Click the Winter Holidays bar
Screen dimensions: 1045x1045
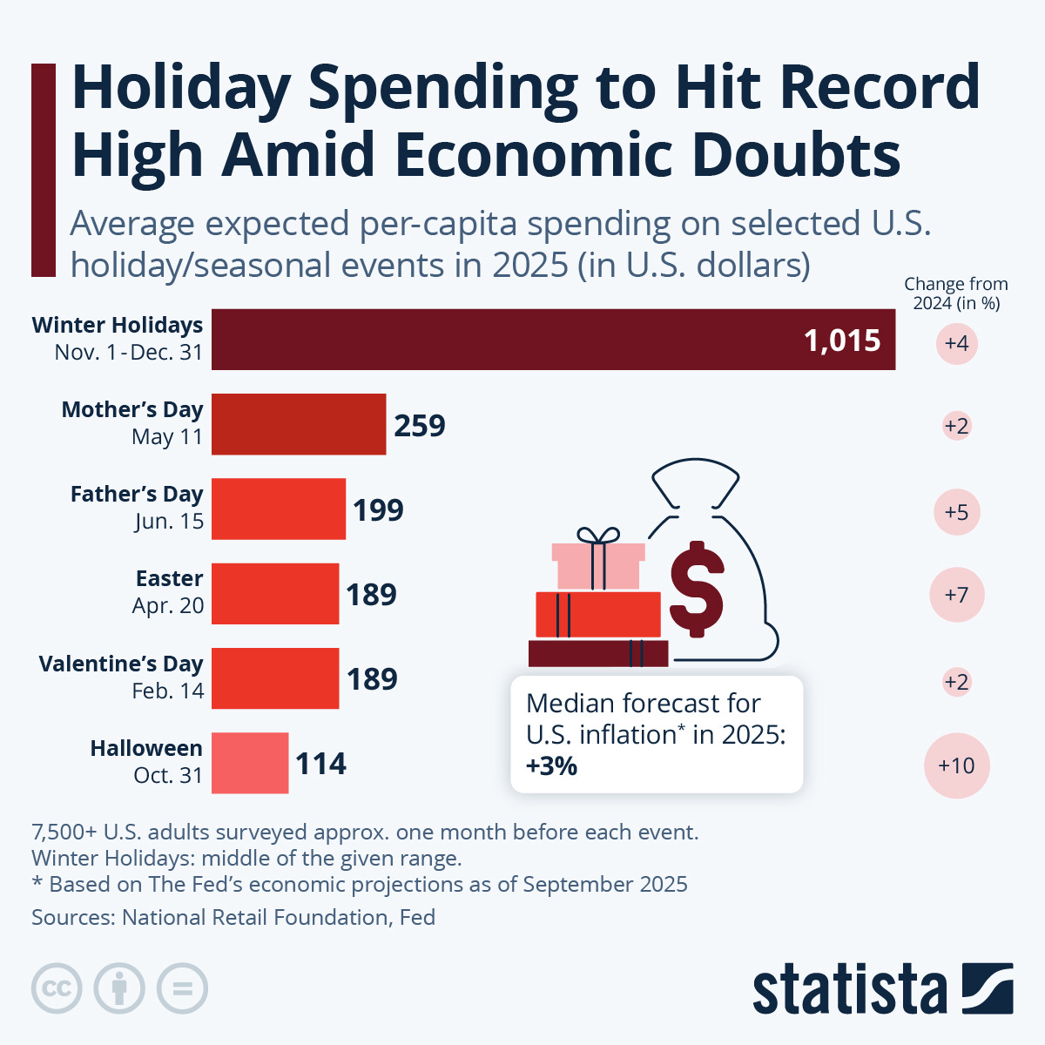click(553, 340)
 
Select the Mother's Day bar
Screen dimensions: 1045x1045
click(299, 424)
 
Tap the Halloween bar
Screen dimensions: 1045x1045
click(250, 763)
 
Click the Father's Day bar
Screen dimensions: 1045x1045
click(279, 509)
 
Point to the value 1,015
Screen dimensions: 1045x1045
click(842, 340)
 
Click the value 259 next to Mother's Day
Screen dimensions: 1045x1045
click(420, 426)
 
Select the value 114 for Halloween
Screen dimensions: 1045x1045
click(320, 764)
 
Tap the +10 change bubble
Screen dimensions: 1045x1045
click(956, 765)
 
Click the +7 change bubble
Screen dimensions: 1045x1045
click(956, 595)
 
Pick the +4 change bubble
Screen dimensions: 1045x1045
click(956, 343)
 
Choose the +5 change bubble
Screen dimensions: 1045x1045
click(956, 511)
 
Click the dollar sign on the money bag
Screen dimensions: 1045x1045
click(696, 590)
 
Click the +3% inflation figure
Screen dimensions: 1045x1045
click(551, 766)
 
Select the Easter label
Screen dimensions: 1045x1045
click(169, 578)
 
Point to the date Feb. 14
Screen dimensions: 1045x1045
click(168, 691)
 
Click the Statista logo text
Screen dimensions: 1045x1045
click(849, 990)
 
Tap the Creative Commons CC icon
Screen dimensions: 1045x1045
click(57, 988)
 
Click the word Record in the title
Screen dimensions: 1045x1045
click(879, 87)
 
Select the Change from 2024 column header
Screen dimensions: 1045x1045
click(955, 293)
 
